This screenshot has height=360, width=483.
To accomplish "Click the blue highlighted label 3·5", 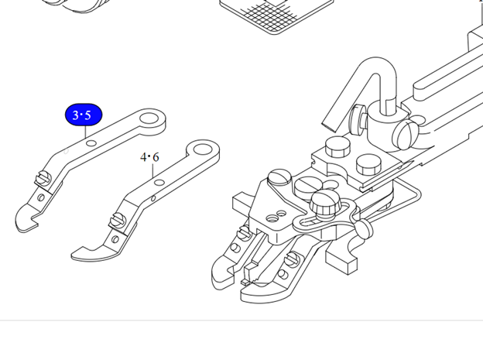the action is [83, 115].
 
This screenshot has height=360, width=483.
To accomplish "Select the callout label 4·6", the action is [149, 157].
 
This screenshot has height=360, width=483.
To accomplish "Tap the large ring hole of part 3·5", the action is [149, 118].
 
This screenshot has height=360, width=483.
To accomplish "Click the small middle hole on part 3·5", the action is [91, 143].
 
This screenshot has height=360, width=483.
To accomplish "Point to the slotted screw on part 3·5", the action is [44, 178].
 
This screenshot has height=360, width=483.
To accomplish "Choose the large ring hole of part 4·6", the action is [202, 149].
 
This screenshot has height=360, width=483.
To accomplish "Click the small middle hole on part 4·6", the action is [159, 183].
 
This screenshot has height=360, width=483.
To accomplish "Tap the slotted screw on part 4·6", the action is [118, 219].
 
